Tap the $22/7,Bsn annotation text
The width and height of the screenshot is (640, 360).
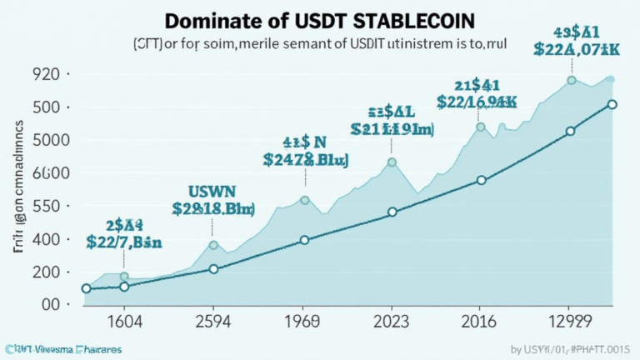(124, 242)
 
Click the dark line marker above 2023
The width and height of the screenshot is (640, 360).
(392, 212)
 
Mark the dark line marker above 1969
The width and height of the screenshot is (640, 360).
(304, 240)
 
